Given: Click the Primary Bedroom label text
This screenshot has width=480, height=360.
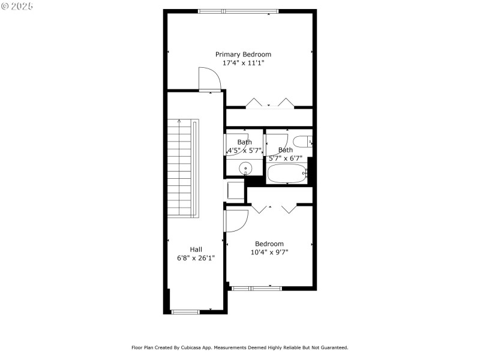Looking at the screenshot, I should (243, 54).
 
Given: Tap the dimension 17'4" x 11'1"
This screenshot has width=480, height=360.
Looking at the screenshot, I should (243, 62).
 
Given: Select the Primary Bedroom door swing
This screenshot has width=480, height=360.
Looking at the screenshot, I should (208, 78).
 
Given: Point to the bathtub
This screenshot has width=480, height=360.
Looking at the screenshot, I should (287, 175).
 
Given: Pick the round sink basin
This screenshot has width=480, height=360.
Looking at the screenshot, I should (245, 168).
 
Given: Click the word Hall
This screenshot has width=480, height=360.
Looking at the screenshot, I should (196, 250).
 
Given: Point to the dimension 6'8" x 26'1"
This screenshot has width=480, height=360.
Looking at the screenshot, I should (196, 258).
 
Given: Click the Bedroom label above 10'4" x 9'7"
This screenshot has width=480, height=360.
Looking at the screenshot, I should (269, 244).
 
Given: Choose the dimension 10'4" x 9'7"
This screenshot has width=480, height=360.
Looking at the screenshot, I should (269, 252).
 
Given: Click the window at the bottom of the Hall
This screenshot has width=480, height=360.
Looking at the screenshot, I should (185, 311).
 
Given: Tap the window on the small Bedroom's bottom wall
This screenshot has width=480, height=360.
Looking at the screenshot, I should (257, 288).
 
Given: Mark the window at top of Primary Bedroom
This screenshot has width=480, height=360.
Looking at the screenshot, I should (238, 11).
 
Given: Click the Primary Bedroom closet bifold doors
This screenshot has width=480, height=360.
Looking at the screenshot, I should (269, 103).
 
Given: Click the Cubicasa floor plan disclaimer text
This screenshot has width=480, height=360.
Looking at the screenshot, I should (240, 347).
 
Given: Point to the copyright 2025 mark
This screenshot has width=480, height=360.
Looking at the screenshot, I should (17, 6).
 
